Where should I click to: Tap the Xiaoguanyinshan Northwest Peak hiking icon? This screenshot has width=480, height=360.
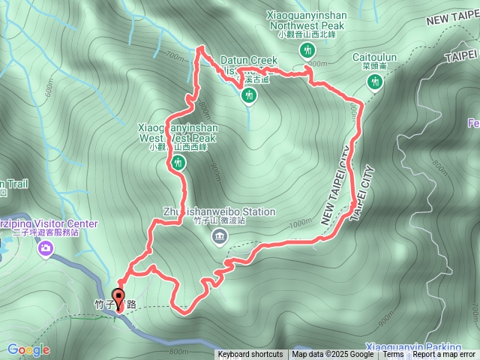pyautogui.click(x=307, y=51)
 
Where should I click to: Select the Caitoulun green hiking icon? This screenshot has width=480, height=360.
pyautogui.click(x=373, y=82)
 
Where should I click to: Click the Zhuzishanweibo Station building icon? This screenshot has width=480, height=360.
pyautogui.click(x=219, y=238)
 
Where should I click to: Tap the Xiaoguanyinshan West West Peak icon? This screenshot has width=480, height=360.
pyautogui.click(x=178, y=163)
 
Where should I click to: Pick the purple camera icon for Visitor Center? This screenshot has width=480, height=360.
pyautogui.click(x=46, y=248)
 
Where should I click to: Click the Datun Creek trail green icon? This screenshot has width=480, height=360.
pyautogui.click(x=248, y=95)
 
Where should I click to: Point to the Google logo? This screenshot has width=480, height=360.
pyautogui.click(x=28, y=349)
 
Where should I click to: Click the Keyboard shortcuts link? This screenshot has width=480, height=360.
pyautogui.click(x=250, y=355)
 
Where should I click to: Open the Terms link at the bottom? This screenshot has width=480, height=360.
pyautogui.click(x=393, y=355)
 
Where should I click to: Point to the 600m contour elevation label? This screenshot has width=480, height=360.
pyautogui.click(x=49, y=89)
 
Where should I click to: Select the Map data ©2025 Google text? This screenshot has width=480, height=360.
pyautogui.click(x=333, y=355)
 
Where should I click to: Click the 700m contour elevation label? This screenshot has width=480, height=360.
pyautogui.click(x=174, y=57)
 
